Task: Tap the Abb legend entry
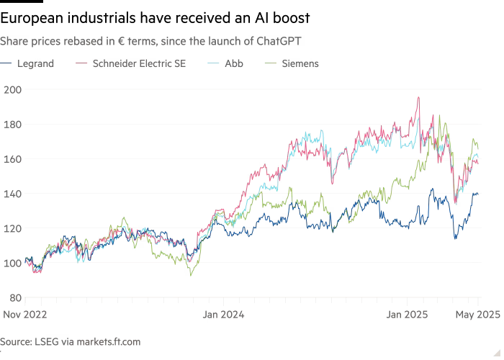click(233, 63)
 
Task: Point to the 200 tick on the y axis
click(13, 89)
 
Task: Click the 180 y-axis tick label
click(13, 124)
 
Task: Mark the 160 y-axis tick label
click(13, 158)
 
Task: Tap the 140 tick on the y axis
click(13, 194)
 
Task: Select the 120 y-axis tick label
click(13, 228)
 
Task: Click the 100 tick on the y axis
click(13, 263)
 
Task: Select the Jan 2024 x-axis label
click(223, 314)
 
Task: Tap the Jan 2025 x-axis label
click(408, 314)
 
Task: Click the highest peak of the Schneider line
click(418, 98)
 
